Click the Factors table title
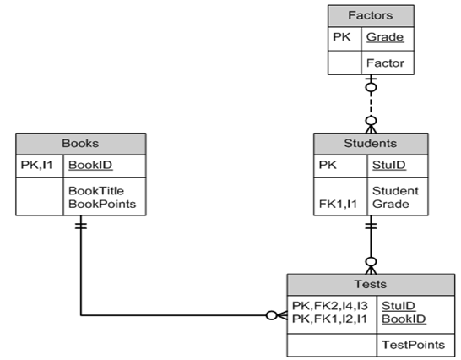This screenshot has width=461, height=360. click(371, 15)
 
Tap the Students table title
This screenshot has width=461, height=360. click(371, 143)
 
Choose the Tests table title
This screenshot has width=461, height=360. click(372, 285)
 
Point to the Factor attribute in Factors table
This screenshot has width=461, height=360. click(384, 63)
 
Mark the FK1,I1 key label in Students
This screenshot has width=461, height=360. click(338, 204)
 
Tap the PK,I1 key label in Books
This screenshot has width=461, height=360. click(37, 166)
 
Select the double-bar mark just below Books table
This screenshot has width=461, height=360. click(80, 226)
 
